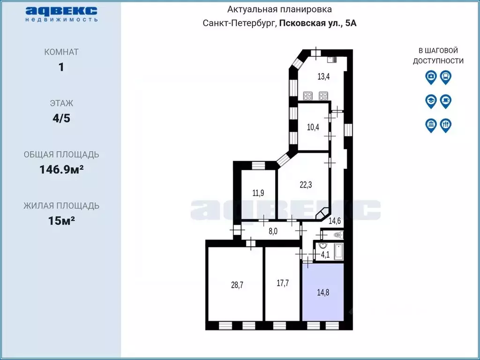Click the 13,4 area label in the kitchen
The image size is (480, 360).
323,77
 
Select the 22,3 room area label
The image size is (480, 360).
306,185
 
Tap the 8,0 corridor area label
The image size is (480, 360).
272,231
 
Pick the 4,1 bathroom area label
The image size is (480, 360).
325,255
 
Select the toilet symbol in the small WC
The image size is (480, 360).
337,234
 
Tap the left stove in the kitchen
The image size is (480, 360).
308,96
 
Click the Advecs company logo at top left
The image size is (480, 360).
61,14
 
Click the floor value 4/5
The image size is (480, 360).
61,118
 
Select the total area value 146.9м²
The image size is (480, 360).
61,169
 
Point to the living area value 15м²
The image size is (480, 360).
61,220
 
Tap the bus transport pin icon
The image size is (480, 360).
446,77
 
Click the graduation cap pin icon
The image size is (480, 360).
431,101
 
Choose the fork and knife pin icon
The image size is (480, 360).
446,125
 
